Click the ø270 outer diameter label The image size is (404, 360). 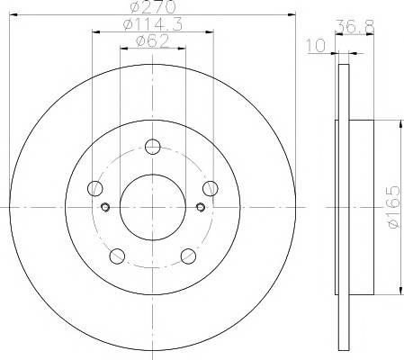tap(153, 6)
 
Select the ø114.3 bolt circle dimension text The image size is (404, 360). tap(153, 24)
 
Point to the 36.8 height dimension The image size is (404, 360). tap(355, 27)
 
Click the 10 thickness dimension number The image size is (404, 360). tap(315, 45)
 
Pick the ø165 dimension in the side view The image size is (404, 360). tap(394, 207)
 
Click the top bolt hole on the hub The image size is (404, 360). tap(153, 147)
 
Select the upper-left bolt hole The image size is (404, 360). tap(95, 188)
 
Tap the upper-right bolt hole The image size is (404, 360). tap(211, 188)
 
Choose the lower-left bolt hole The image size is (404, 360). tap(117, 256)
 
